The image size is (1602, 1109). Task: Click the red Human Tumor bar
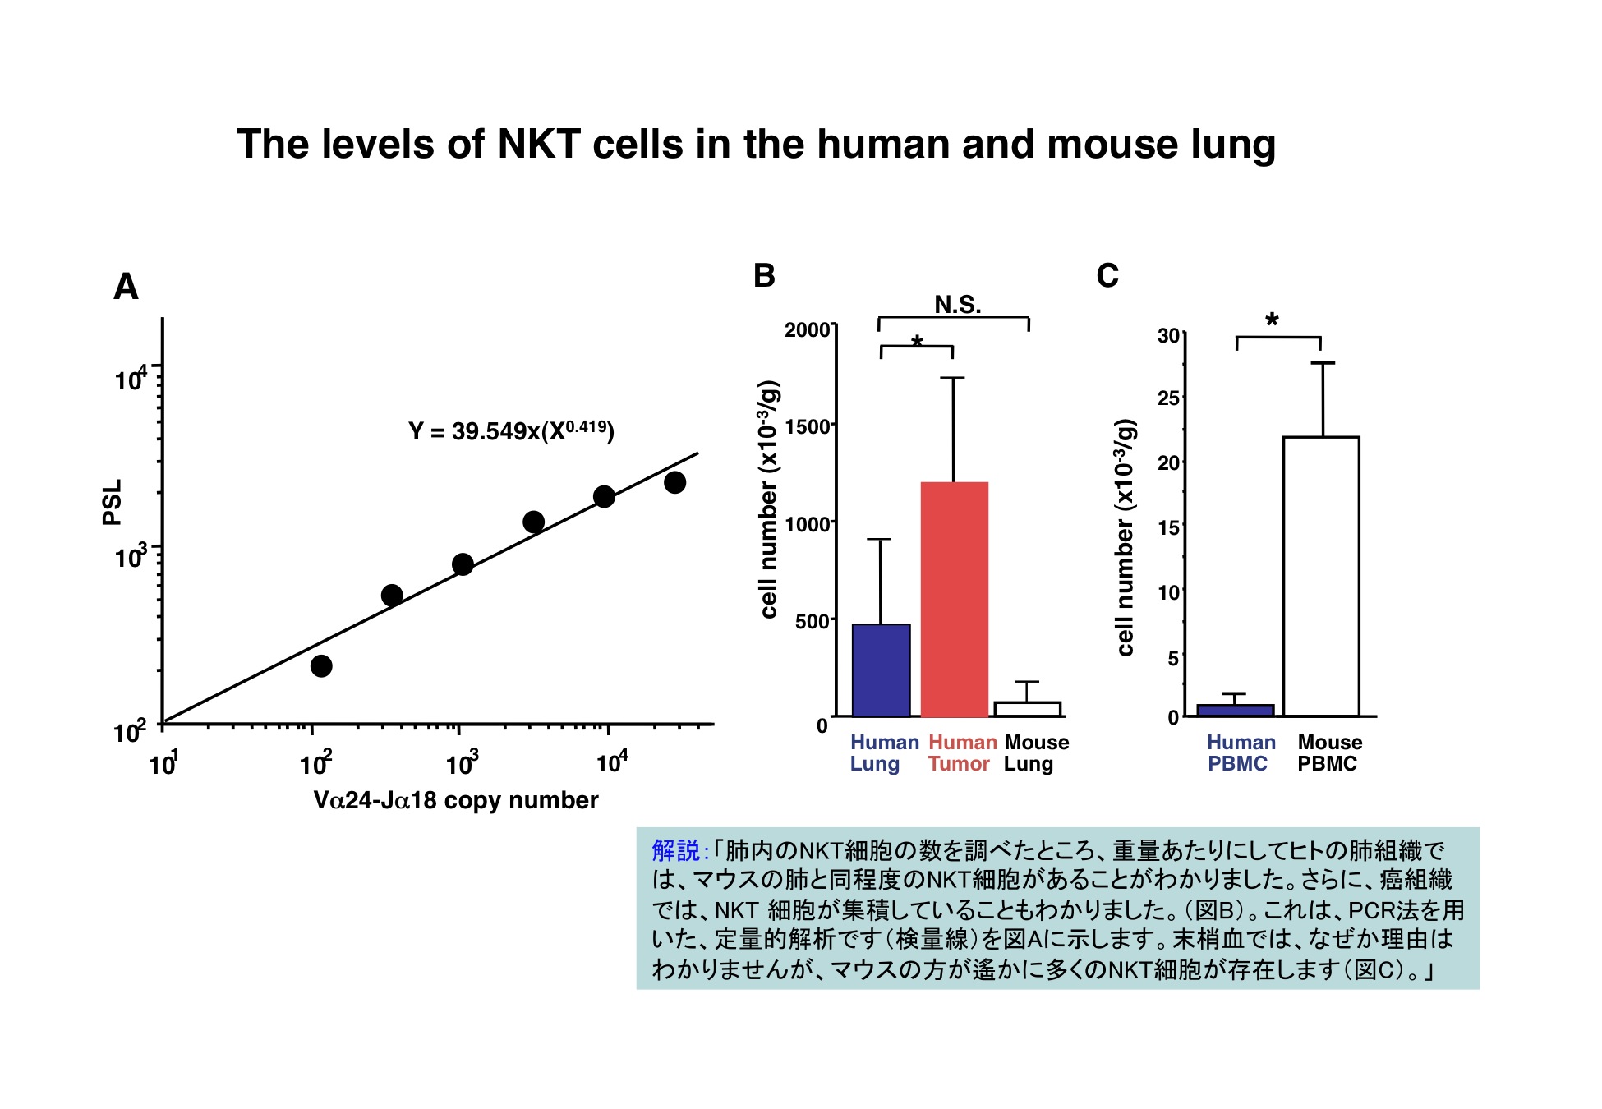pos(954,599)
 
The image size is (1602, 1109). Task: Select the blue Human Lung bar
pos(881,670)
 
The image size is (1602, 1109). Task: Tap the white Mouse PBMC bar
pos(1321,576)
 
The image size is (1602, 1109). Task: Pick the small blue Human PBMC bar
pos(1235,711)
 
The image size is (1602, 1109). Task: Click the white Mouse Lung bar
pos(1027,709)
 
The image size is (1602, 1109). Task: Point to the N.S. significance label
pos(958,306)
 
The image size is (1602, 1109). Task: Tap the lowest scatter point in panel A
pos(321,665)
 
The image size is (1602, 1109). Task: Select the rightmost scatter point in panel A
pos(674,482)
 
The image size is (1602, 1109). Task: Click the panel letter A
pos(126,287)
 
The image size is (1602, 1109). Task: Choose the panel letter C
pos(1107,276)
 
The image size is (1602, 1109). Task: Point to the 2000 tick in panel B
pos(807,330)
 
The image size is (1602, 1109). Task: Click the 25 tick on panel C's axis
pos(1167,399)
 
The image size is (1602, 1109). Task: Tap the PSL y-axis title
pos(112,502)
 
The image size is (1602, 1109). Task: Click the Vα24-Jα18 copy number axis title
pos(456,800)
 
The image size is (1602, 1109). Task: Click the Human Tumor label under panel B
pos(961,752)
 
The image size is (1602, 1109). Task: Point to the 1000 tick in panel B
pos(807,524)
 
